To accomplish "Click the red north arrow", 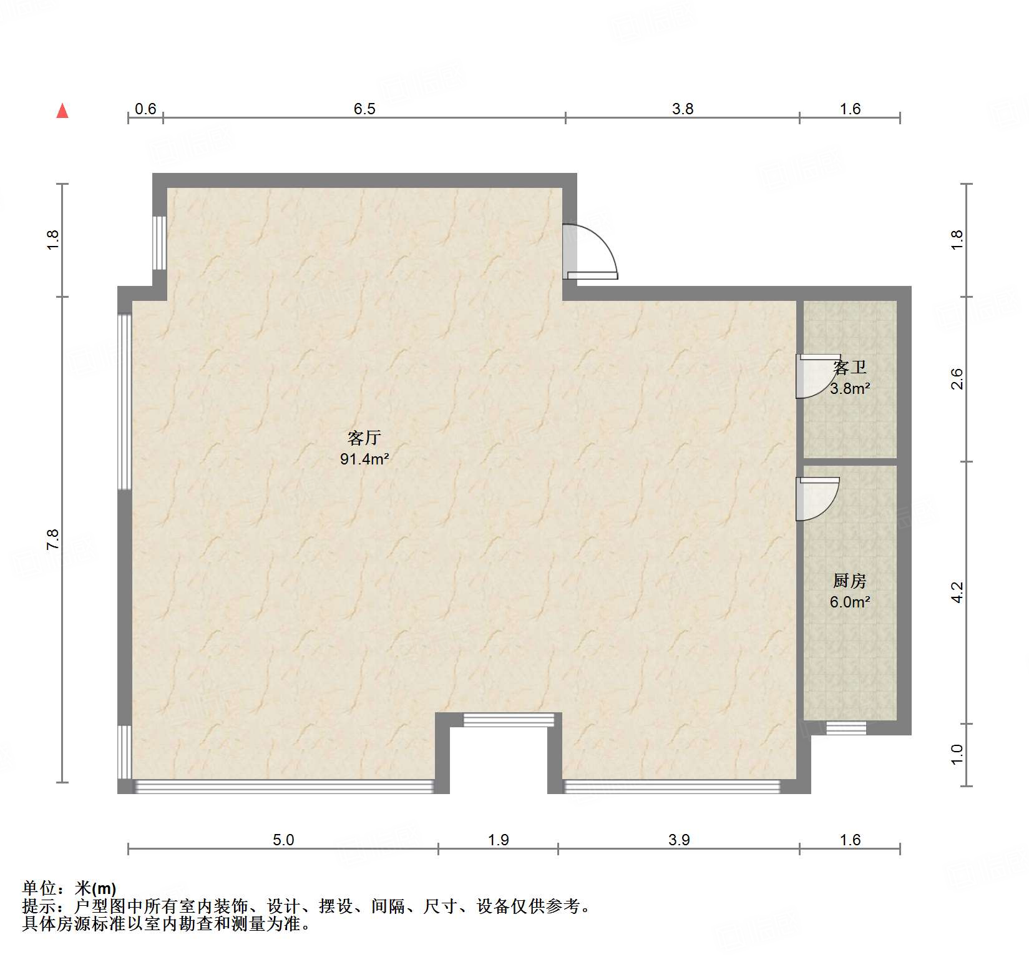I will [x=62, y=110].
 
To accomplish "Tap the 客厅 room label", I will [x=364, y=437].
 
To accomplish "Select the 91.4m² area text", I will [x=364, y=459].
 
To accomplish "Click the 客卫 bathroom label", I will [x=850, y=367].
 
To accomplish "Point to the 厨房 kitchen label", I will [x=849, y=581].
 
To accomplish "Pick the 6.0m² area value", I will [x=849, y=602].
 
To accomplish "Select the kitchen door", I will [x=816, y=499].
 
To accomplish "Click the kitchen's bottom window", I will [x=846, y=727].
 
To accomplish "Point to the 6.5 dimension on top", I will [x=364, y=109].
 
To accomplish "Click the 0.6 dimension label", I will [x=145, y=109].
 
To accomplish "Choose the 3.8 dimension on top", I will [x=683, y=109].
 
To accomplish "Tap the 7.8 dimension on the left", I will [x=52, y=539].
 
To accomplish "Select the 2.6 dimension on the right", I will [x=957, y=379].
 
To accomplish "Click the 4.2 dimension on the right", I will [x=957, y=592].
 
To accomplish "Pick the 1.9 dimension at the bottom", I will [x=499, y=840].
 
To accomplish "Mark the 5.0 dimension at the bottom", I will [x=283, y=840].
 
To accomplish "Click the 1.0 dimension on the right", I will [x=957, y=754].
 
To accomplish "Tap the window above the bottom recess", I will [x=508, y=720].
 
